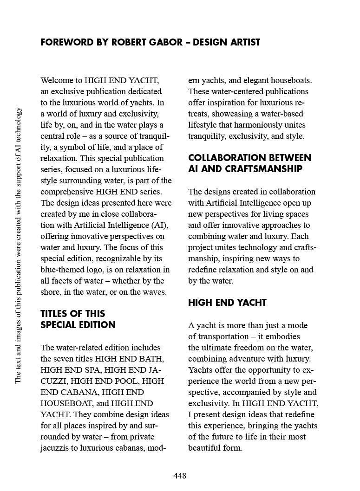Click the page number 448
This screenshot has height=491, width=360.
tap(180, 476)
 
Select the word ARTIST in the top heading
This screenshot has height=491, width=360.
tap(244, 42)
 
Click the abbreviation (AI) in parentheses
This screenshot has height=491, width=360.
tap(159, 225)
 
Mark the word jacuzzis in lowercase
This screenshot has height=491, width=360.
tap(56, 448)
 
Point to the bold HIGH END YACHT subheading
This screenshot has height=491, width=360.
tap(227, 303)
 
